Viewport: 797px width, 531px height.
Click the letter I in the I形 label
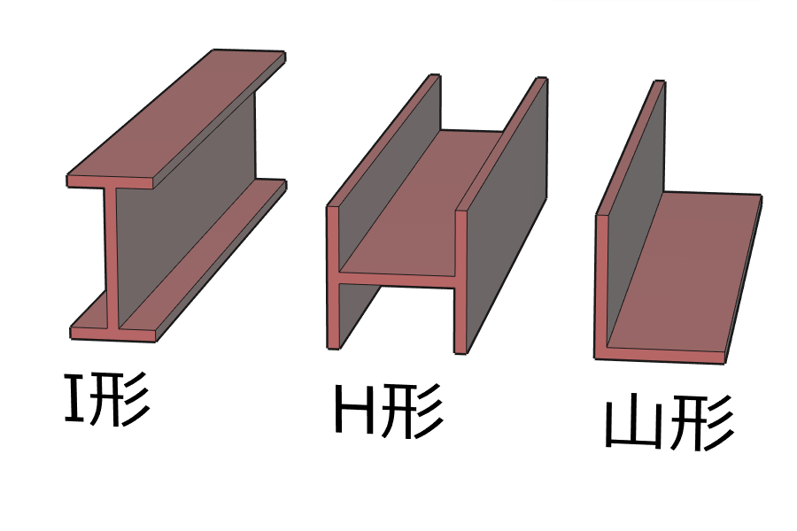click(x=74, y=398)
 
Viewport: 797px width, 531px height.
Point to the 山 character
click(x=634, y=423)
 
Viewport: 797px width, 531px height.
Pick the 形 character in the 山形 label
click(x=701, y=423)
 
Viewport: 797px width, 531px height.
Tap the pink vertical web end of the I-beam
click(x=112, y=258)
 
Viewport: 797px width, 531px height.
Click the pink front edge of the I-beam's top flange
click(x=111, y=182)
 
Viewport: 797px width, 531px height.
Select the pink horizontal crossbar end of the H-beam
click(x=397, y=280)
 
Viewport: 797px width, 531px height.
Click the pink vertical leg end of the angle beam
click(x=601, y=285)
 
